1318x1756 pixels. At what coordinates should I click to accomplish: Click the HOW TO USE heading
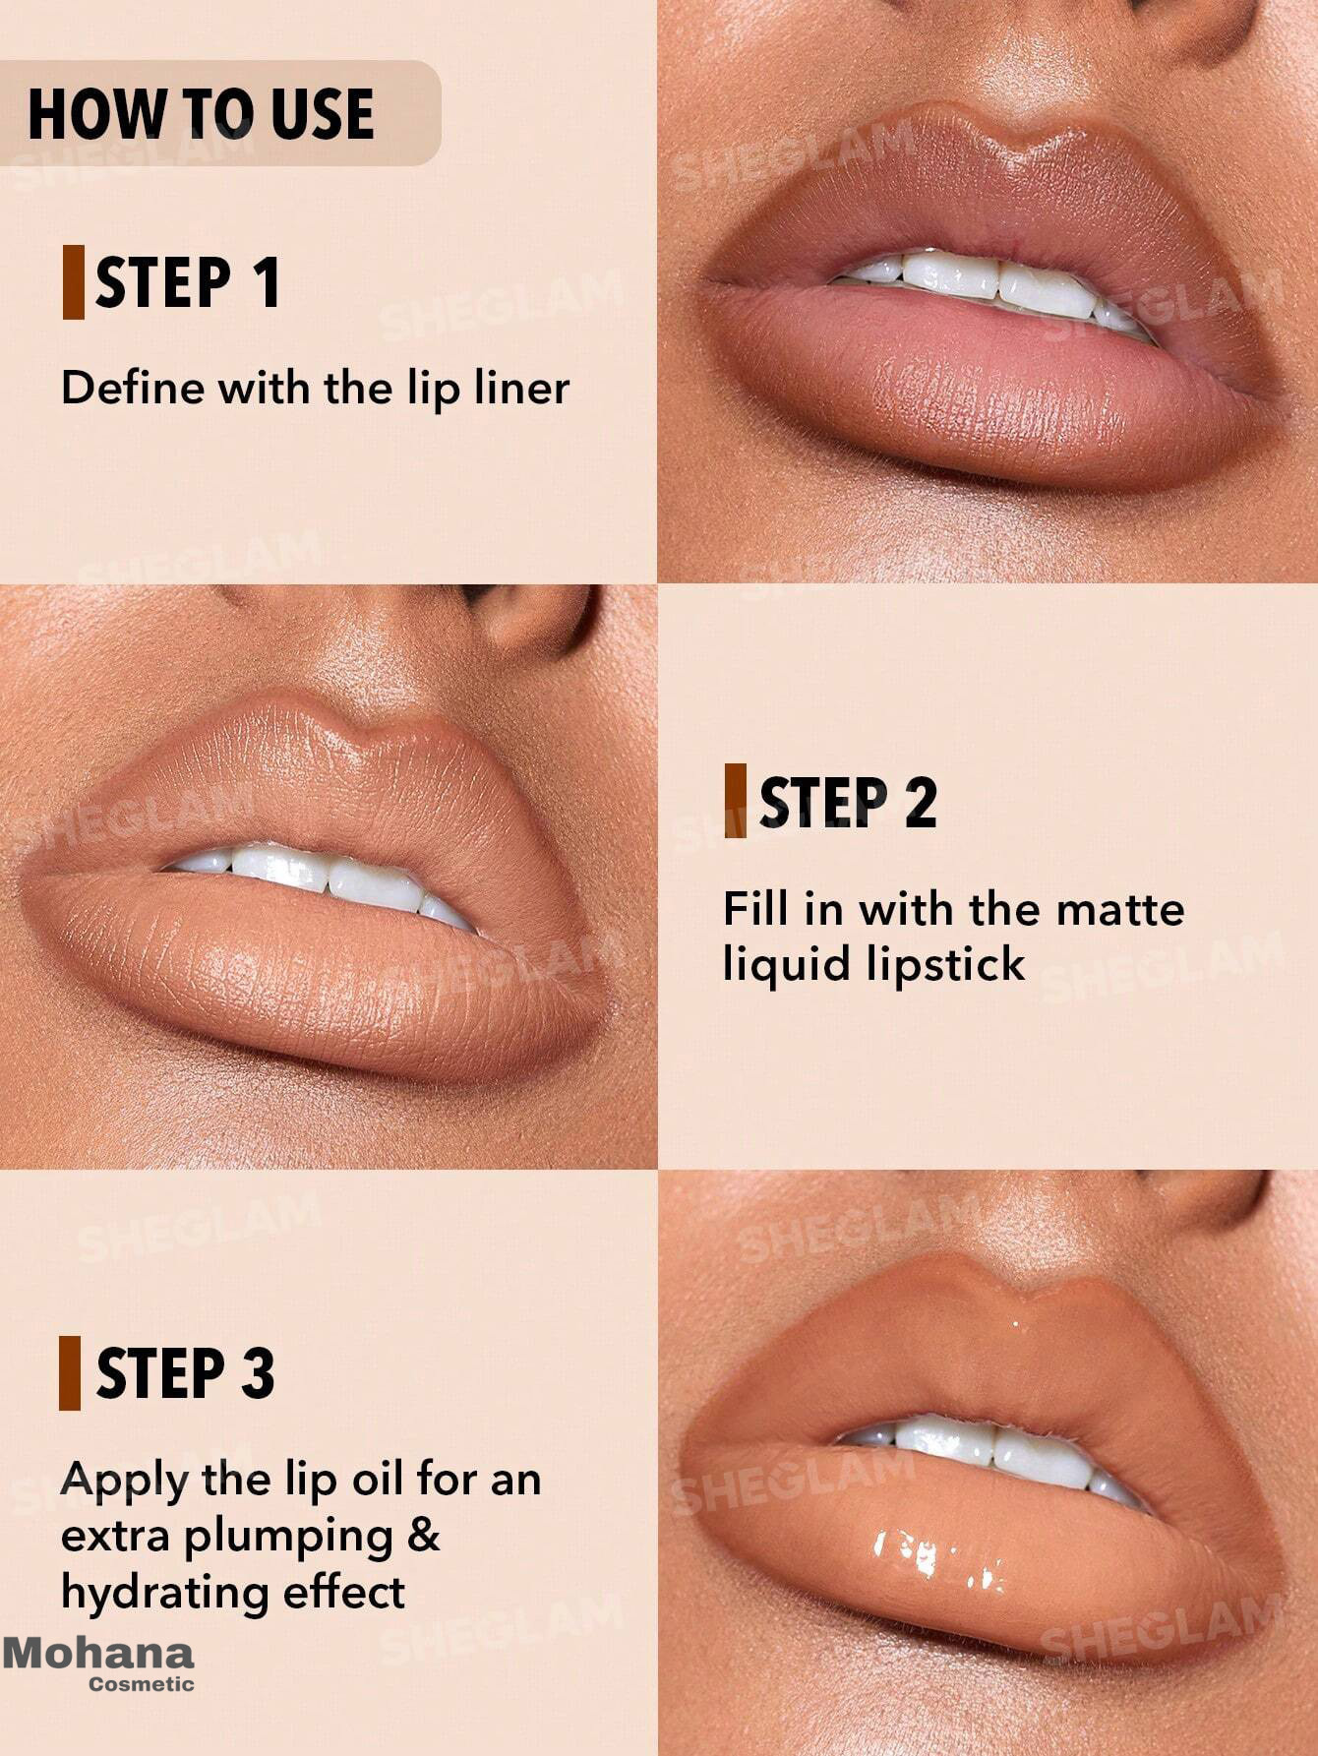[201, 113]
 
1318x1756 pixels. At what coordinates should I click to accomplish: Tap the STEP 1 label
[188, 282]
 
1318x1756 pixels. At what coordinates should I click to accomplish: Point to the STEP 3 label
[185, 1373]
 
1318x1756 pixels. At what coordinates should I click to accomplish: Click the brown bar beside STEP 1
[73, 282]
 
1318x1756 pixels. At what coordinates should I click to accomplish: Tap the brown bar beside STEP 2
[735, 801]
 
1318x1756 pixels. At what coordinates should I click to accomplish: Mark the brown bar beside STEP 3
[70, 1373]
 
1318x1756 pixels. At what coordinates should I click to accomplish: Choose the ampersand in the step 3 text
[424, 1535]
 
